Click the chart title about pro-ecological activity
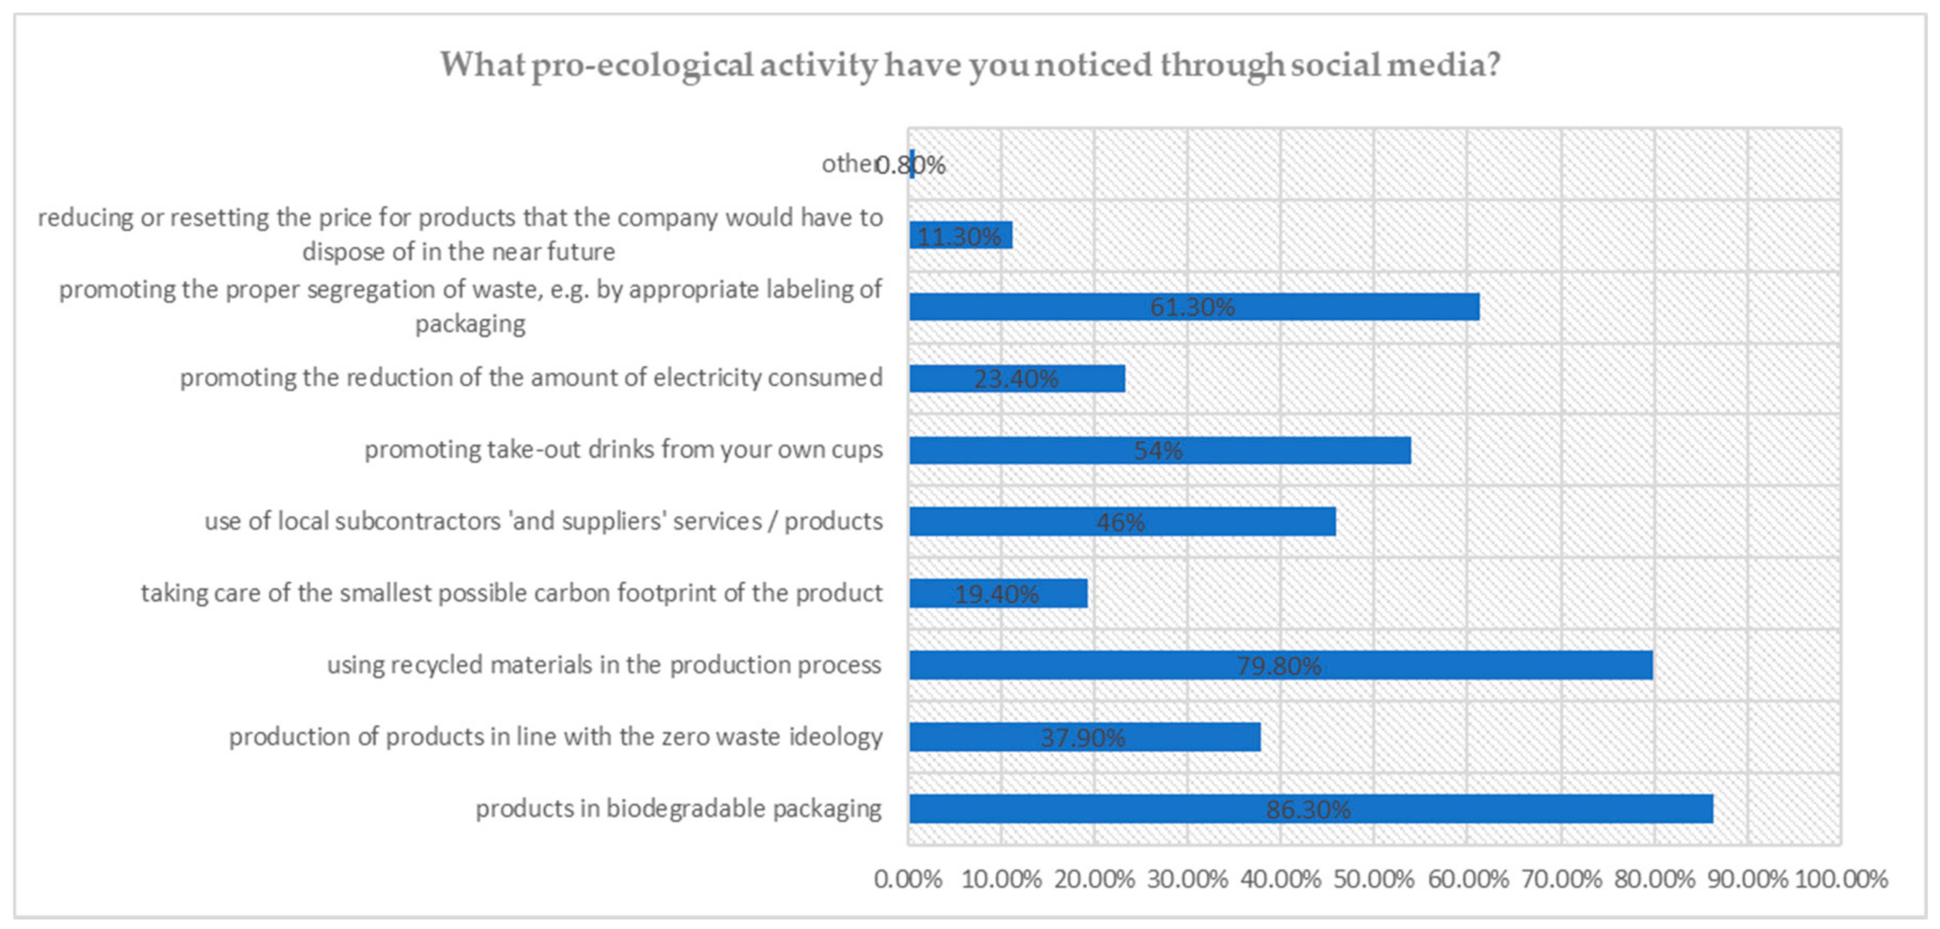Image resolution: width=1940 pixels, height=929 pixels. click(970, 65)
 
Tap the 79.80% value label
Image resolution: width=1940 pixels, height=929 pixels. click(1279, 666)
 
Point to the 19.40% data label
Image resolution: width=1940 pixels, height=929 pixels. click(996, 594)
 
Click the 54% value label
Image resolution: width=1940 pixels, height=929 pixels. click(1158, 450)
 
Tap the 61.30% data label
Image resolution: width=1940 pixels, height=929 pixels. click(1192, 307)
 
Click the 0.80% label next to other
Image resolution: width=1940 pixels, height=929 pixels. click(911, 164)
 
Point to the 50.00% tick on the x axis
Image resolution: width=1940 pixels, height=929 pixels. click(1374, 878)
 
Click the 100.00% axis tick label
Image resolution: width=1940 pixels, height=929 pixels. click(1841, 878)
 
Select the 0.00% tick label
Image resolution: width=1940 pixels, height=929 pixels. click(908, 878)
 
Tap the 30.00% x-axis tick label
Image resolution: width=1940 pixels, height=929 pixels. click(1187, 878)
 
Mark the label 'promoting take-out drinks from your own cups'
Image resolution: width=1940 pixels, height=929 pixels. click(624, 449)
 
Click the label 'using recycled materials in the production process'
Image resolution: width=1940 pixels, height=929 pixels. click(603, 665)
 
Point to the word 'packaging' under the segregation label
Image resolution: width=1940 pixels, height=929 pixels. click(471, 324)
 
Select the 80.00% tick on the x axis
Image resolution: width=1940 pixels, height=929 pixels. click(1654, 878)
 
